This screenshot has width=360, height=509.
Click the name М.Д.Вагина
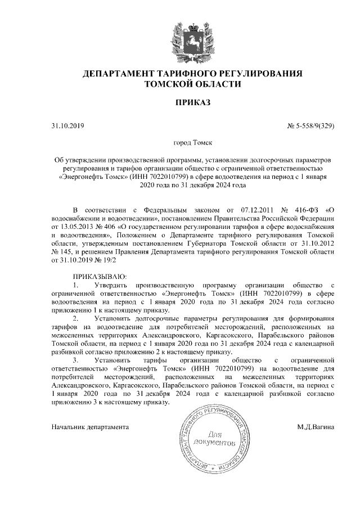click(316, 427)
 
